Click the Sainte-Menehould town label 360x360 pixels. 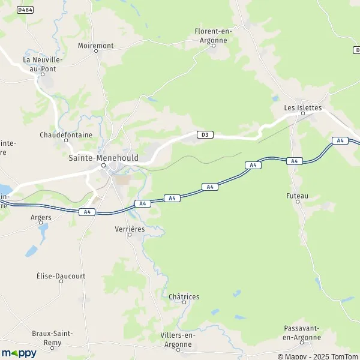pyautogui.click(x=103, y=157)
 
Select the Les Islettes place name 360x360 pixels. pyautogui.click(x=303, y=107)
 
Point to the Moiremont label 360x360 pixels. pyautogui.click(x=96, y=45)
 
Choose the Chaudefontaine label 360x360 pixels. pyautogui.click(x=66, y=135)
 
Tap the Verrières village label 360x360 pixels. pyautogui.click(x=129, y=229)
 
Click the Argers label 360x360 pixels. pyautogui.click(x=41, y=217)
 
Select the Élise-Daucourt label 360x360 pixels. pyautogui.click(x=61, y=276)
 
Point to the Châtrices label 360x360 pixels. pyautogui.click(x=184, y=296)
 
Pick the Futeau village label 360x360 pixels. pyautogui.click(x=297, y=196)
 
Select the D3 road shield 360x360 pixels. pyautogui.click(x=205, y=134)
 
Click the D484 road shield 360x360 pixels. pyautogui.click(x=25, y=10)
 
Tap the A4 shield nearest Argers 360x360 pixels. pyautogui.click(x=87, y=211)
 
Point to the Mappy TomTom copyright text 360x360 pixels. pyautogui.click(x=319, y=356)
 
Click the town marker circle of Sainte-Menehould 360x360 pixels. pyautogui.click(x=103, y=166)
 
